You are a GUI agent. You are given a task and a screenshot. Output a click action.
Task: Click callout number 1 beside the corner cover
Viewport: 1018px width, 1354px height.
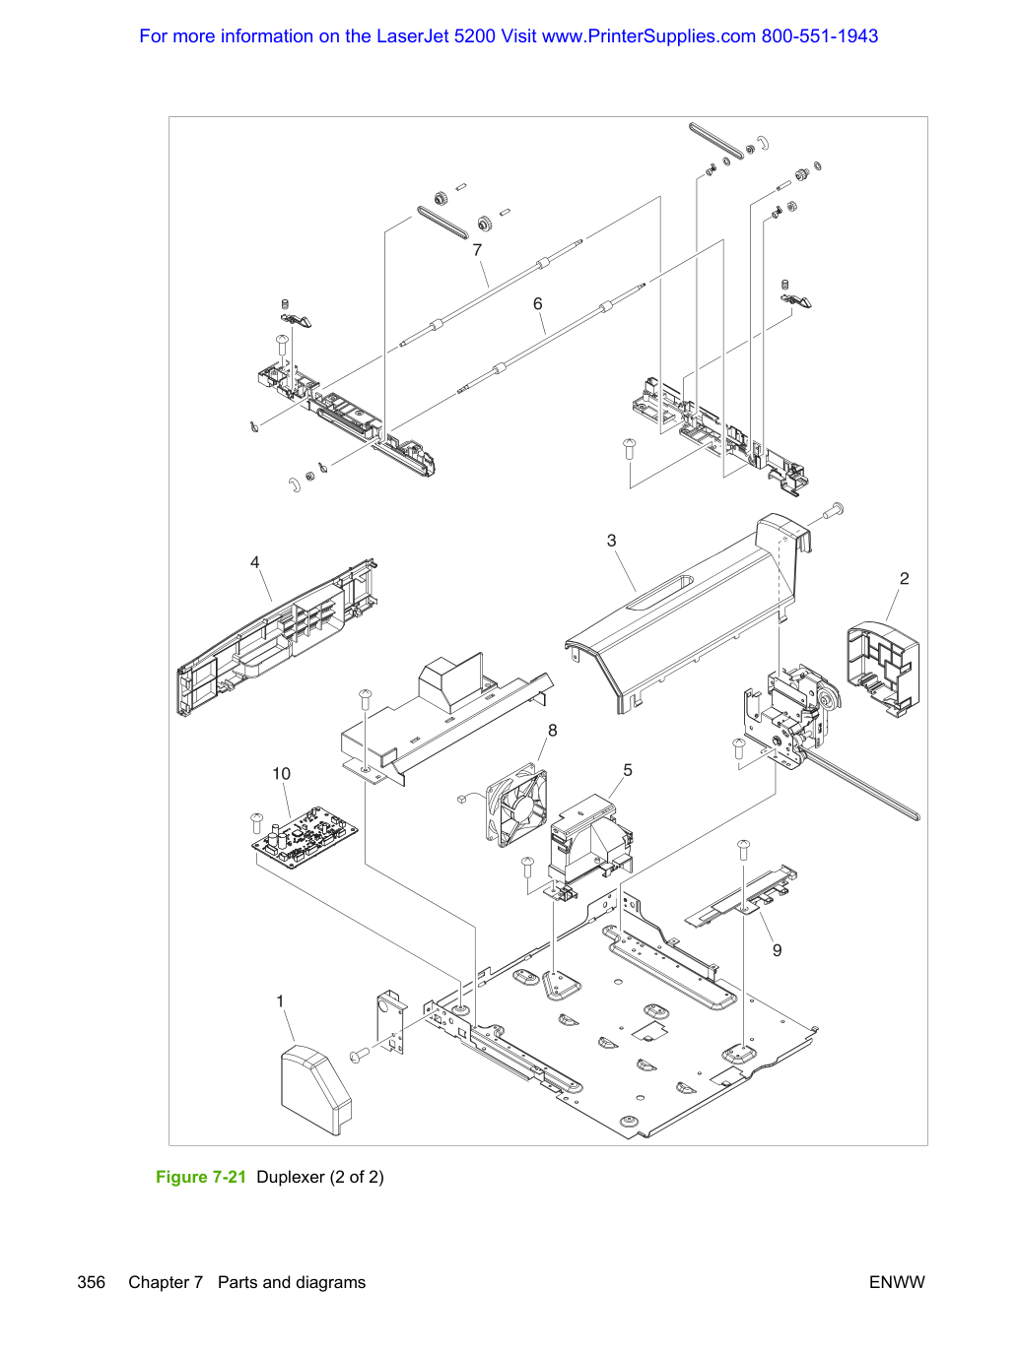point(280,1000)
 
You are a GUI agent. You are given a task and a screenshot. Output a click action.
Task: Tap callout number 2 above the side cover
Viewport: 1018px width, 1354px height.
point(904,578)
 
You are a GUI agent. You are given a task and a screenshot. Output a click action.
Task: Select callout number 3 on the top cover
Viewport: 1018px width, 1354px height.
point(611,541)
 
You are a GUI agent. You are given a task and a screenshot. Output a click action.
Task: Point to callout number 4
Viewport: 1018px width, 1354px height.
point(254,562)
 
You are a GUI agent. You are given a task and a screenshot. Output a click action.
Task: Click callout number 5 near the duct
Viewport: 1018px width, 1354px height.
point(627,770)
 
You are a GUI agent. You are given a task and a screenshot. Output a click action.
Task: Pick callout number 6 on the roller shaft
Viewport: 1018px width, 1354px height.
point(538,303)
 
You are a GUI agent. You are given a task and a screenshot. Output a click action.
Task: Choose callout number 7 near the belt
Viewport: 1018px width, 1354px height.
point(477,250)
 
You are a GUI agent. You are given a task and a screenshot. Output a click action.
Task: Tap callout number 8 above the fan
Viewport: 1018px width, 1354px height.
point(552,731)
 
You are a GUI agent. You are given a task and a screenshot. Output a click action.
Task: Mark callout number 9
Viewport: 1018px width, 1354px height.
point(778,950)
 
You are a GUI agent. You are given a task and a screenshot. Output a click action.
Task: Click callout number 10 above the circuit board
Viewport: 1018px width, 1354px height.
point(281,774)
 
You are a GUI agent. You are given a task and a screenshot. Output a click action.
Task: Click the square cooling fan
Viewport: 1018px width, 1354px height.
point(516,805)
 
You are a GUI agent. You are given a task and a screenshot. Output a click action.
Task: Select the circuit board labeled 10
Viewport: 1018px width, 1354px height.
point(305,837)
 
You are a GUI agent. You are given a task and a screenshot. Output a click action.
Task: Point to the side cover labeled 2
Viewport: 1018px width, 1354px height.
point(883,669)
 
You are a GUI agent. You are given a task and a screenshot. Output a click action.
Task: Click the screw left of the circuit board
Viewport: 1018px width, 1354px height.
point(257,823)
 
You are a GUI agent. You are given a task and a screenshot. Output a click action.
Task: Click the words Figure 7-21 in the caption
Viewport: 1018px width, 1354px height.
point(201,1177)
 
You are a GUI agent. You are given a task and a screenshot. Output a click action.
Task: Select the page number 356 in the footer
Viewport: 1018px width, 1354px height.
point(91,1282)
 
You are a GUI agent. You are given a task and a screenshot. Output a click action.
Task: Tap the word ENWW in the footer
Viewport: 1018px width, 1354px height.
point(897,1282)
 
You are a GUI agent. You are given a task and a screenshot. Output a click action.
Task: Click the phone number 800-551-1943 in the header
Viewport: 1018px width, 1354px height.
point(819,36)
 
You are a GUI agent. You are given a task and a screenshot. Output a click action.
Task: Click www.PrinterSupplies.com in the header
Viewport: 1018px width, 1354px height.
point(648,36)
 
